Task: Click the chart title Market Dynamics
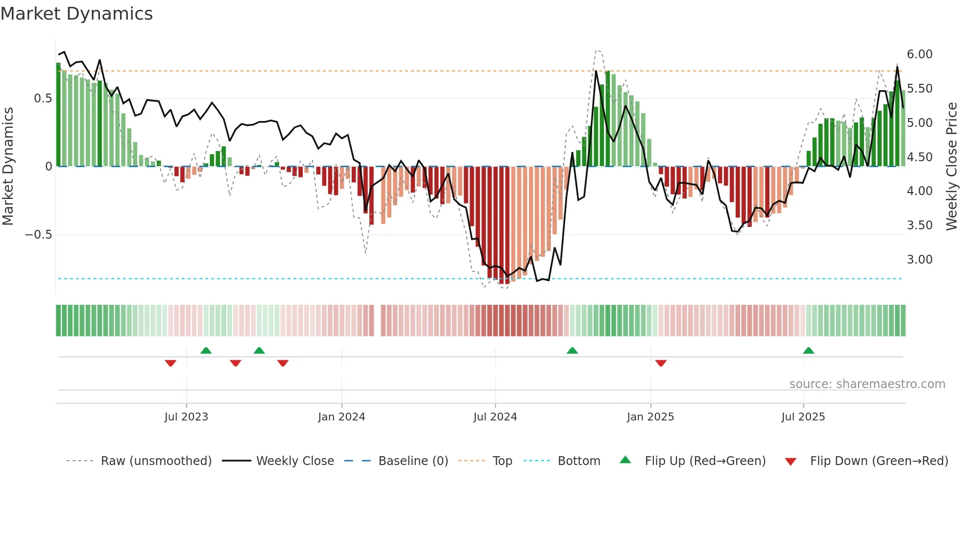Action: [77, 14]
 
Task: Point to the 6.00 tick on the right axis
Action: [919, 54]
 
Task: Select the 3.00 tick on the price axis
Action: [919, 260]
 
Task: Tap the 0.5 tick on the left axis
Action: [43, 98]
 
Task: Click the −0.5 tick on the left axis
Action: [39, 235]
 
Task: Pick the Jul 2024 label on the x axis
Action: [495, 417]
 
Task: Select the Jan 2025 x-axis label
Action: [650, 417]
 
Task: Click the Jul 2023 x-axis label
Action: [186, 417]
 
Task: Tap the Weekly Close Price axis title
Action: [951, 166]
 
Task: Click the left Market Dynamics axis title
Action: [8, 166]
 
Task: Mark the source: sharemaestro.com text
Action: [867, 384]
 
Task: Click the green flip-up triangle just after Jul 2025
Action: [809, 350]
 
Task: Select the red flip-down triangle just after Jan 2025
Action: [661, 363]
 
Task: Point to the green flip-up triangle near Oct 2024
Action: [572, 350]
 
